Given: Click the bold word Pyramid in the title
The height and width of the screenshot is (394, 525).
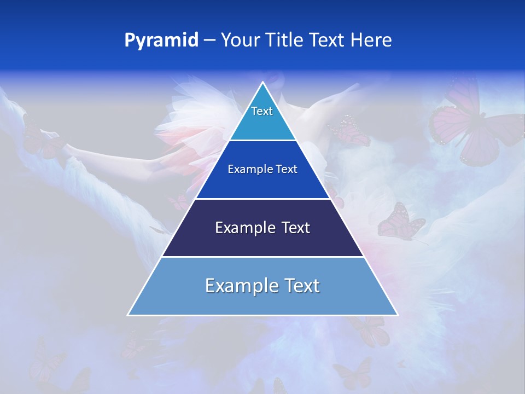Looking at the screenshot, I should click(161, 40).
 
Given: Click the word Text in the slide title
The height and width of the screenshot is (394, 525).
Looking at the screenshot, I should click(328, 40).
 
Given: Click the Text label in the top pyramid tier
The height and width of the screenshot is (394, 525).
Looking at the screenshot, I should click(262, 111).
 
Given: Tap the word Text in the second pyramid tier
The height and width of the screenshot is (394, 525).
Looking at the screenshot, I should click(287, 169).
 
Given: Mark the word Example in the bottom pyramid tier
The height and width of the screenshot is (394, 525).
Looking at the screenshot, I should click(238, 286).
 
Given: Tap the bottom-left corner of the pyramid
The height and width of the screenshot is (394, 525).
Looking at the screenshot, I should click(128, 315).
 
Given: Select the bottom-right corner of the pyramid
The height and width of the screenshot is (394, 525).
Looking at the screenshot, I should click(398, 315).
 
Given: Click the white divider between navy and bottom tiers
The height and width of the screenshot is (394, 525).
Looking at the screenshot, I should click(263, 257).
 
